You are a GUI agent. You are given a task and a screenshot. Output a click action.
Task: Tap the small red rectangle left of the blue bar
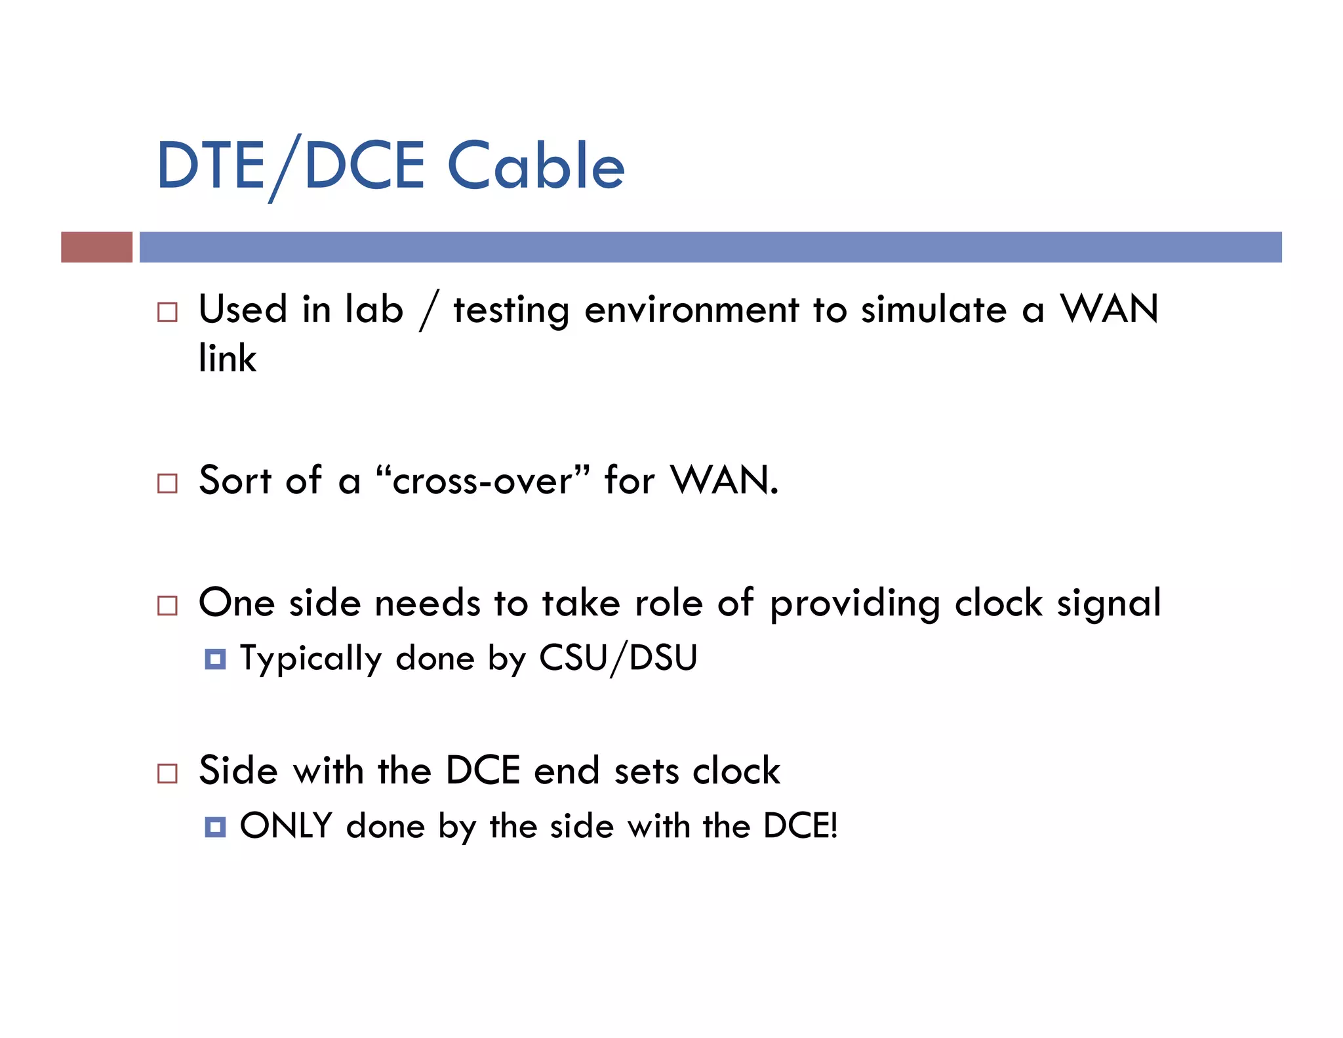(96, 247)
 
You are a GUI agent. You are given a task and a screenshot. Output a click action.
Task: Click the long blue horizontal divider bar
(710, 247)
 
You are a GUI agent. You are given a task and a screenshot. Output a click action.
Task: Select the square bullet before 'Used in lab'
(167, 312)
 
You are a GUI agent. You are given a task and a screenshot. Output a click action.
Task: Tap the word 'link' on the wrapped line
(228, 358)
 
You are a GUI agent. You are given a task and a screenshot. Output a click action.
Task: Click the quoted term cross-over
(483, 481)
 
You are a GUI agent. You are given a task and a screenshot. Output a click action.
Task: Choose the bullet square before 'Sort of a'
(167, 484)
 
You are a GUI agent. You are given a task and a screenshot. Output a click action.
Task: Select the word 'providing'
(854, 604)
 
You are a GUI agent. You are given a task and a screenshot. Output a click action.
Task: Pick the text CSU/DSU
(618, 658)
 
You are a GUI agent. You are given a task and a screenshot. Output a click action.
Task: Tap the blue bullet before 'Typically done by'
(215, 659)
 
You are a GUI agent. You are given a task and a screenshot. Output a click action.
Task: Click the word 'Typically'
(311, 659)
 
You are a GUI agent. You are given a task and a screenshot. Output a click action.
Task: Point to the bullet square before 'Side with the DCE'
(167, 773)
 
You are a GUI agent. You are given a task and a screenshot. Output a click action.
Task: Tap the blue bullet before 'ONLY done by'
(215, 827)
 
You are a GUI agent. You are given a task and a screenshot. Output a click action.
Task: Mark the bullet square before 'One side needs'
(167, 605)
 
